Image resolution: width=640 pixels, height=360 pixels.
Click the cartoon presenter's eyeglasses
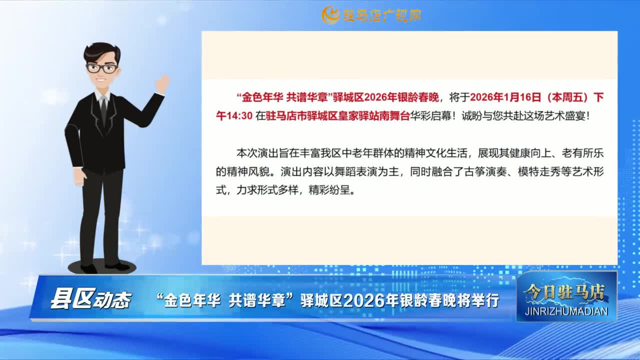pos(102,68)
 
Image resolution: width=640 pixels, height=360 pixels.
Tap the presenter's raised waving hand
pos(163,83)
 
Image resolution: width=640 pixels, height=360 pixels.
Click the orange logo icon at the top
pos(330,15)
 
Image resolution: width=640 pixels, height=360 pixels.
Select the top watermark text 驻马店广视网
pos(382,15)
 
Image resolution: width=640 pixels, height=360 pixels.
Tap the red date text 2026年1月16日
pos(505,97)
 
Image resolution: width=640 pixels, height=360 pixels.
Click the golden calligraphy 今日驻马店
pos(564,292)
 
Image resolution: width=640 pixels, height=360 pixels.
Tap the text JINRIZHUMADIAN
pos(566,311)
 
